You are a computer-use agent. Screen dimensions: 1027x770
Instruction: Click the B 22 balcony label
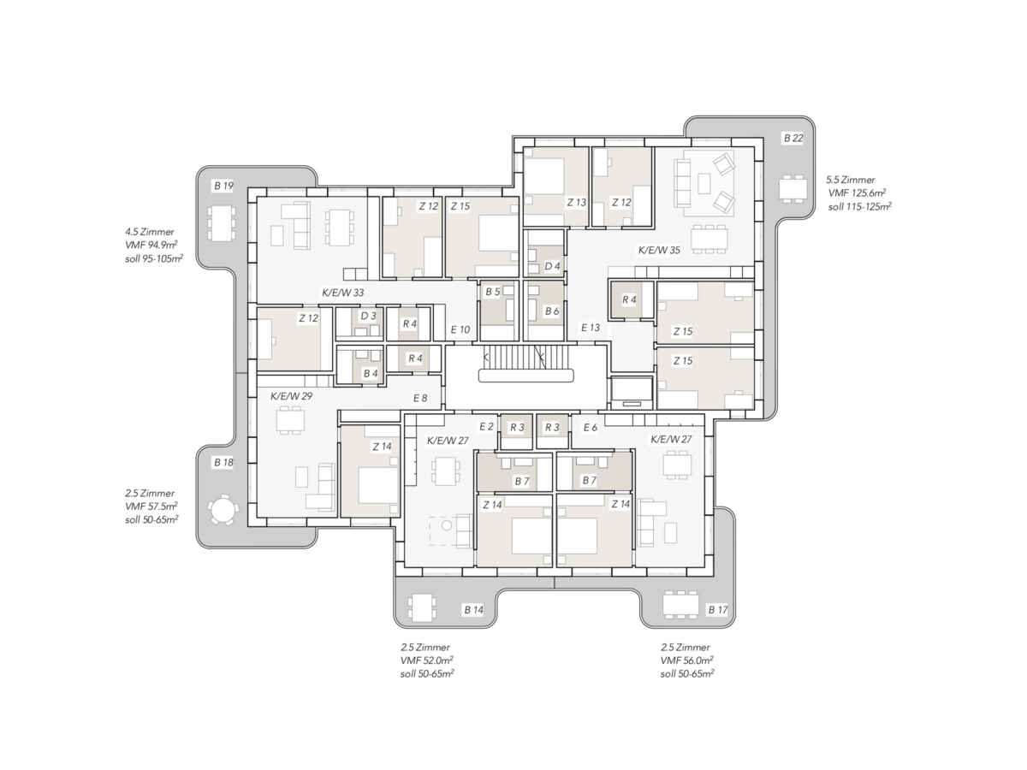[793, 138]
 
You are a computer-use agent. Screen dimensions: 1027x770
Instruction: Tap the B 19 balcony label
[223, 186]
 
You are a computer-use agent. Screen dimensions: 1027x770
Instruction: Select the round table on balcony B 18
[223, 509]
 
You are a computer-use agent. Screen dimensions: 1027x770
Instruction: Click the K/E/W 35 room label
[659, 250]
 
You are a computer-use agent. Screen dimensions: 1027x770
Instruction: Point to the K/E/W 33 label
[342, 293]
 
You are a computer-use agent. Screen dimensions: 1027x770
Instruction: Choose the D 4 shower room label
[552, 266]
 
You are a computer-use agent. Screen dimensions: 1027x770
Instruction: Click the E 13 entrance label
[590, 328]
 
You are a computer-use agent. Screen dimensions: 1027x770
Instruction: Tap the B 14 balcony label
[473, 610]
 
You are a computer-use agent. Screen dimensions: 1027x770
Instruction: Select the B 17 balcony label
[718, 610]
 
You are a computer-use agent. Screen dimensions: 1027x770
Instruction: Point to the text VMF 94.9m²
[151, 245]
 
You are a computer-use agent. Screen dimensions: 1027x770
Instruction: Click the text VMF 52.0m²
[426, 660]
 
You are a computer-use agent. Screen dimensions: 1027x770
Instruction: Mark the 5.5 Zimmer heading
[850, 180]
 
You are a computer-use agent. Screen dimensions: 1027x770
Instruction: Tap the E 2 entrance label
[486, 426]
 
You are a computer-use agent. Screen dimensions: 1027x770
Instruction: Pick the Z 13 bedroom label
[577, 203]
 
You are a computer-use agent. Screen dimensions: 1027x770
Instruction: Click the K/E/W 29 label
[291, 396]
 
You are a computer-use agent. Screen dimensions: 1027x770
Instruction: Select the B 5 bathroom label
[493, 292]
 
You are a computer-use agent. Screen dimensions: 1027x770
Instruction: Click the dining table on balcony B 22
[793, 189]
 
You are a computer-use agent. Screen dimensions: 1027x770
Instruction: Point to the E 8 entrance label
[419, 398]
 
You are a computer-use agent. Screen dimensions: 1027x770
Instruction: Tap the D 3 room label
[368, 316]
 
